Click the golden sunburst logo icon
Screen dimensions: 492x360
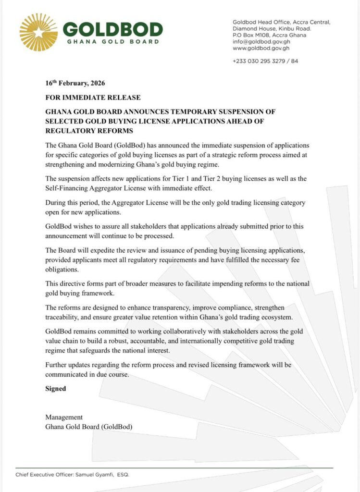(38, 32)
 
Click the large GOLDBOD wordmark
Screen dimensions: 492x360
(113, 30)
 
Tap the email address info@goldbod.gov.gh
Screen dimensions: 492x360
(261, 42)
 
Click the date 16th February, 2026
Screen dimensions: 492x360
(74, 83)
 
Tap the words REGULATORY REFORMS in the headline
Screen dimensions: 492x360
(89, 131)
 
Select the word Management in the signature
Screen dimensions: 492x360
(64, 417)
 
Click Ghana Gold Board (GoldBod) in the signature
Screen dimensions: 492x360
(88, 426)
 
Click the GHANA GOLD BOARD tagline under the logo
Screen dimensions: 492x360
(113, 42)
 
